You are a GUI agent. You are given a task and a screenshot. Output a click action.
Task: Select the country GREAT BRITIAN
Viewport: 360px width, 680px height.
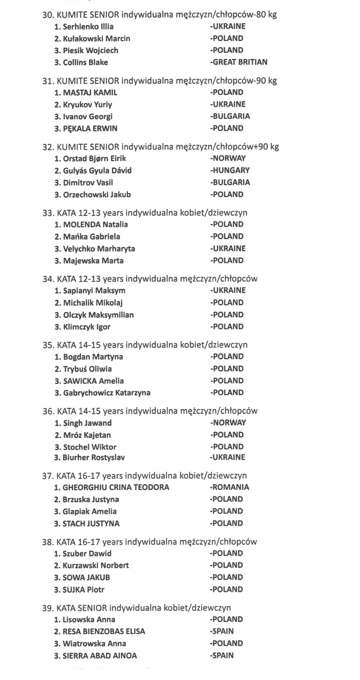click(x=239, y=63)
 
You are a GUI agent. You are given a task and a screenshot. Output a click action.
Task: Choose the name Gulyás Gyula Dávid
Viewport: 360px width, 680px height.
click(x=96, y=171)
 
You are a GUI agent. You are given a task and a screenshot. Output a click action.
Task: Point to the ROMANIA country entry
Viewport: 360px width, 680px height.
click(x=230, y=487)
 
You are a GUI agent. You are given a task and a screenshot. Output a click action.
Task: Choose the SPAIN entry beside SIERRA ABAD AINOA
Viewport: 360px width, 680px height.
click(x=222, y=655)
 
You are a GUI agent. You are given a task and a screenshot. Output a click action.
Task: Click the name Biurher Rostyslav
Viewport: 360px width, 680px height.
click(x=94, y=458)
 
